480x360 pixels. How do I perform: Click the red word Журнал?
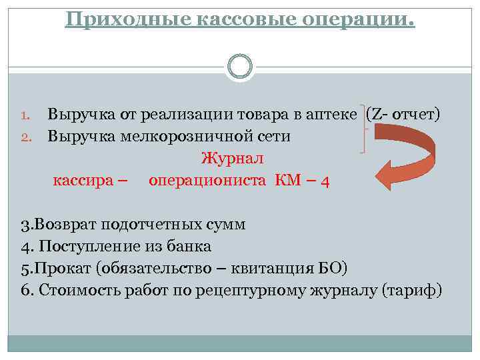click(232, 159)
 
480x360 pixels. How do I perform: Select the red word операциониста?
click(208, 181)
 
